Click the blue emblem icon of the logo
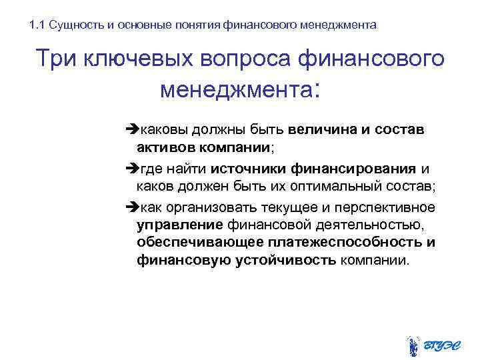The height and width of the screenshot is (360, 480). [413, 345]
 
